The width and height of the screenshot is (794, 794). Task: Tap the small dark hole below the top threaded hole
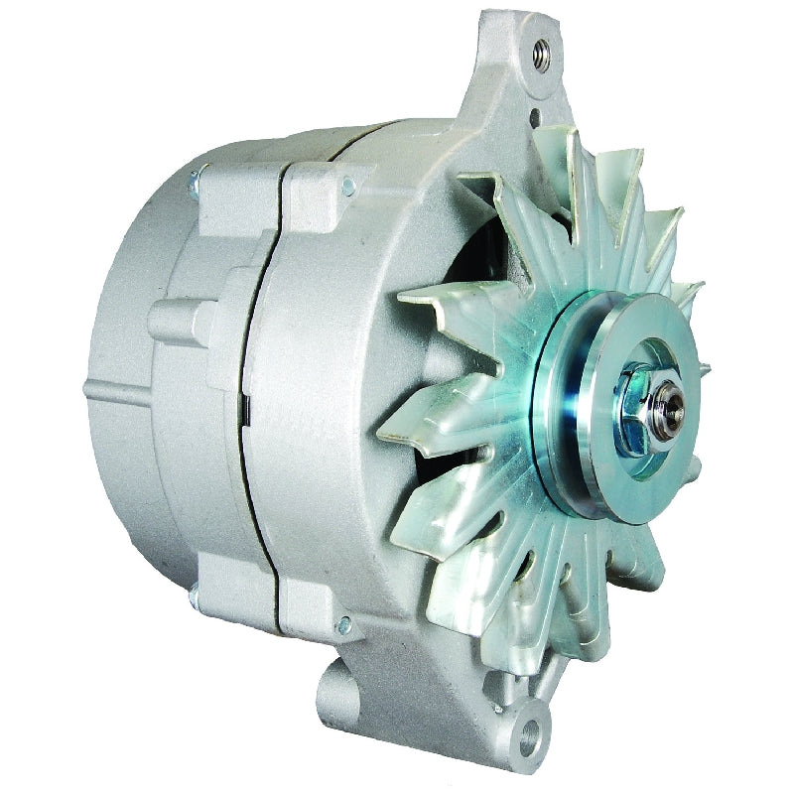pos(535,118)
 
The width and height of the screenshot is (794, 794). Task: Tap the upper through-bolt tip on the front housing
pos(347,183)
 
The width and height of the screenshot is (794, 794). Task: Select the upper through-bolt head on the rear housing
pos(195,180)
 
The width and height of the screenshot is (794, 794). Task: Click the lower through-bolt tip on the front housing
pos(344,624)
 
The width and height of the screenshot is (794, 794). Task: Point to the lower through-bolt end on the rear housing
pos(194,597)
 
